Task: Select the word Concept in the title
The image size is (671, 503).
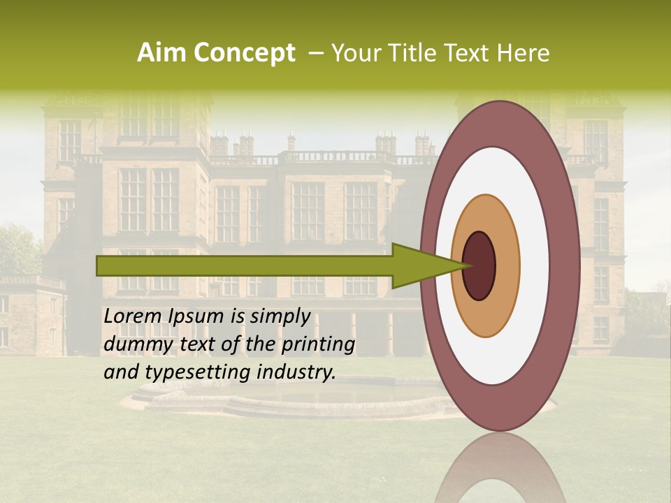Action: pyautogui.click(x=243, y=54)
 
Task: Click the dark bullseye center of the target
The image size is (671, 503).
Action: pyautogui.click(x=479, y=265)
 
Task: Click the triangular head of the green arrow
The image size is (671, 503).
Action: pyautogui.click(x=419, y=265)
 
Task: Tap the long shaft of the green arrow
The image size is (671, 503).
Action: pyautogui.click(x=245, y=265)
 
